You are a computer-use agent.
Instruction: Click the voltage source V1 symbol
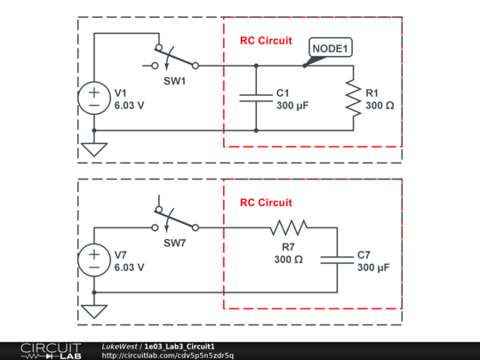pyautogui.click(x=93, y=97)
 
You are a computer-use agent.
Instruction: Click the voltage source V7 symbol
pyautogui.click(x=93, y=260)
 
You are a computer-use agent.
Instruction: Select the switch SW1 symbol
pyautogui.click(x=176, y=60)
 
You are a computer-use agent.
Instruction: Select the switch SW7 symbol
pyautogui.click(x=176, y=222)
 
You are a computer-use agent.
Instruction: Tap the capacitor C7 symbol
pyautogui.click(x=337, y=260)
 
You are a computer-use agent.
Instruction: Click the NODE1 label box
pyautogui.click(x=330, y=48)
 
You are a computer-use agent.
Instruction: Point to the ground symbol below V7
pyautogui.click(x=93, y=310)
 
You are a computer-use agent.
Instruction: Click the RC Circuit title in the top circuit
pyautogui.click(x=266, y=41)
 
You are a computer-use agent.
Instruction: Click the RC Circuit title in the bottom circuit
pyautogui.click(x=266, y=203)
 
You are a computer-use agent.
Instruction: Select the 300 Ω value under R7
pyautogui.click(x=288, y=260)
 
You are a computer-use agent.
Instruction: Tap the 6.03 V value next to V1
pyautogui.click(x=130, y=105)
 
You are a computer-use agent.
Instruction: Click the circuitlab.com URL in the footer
pyautogui.click(x=168, y=356)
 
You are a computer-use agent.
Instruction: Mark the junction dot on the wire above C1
pyautogui.click(x=256, y=65)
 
